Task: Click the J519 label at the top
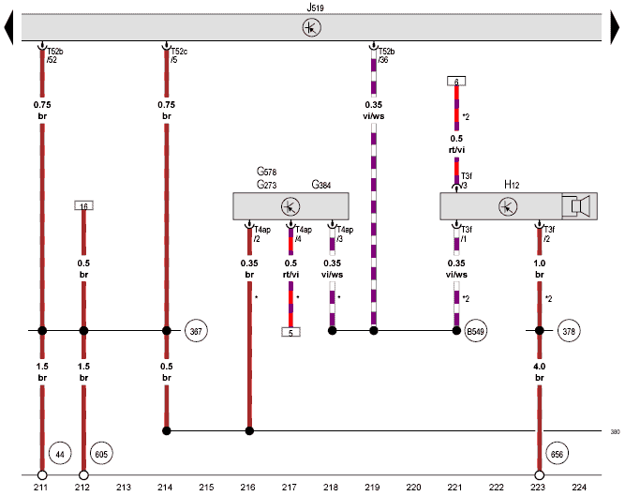309,7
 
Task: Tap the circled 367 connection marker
196,331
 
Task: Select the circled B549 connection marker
475,331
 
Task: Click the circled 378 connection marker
569,331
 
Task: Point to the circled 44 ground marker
57,454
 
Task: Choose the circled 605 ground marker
100,454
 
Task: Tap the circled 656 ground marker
558,454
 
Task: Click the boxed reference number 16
83,205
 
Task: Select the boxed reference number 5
290,332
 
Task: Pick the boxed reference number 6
456,82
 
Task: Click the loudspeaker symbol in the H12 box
580,205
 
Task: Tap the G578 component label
268,173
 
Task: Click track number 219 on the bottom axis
373,488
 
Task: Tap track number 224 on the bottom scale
579,488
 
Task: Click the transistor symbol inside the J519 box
310,28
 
